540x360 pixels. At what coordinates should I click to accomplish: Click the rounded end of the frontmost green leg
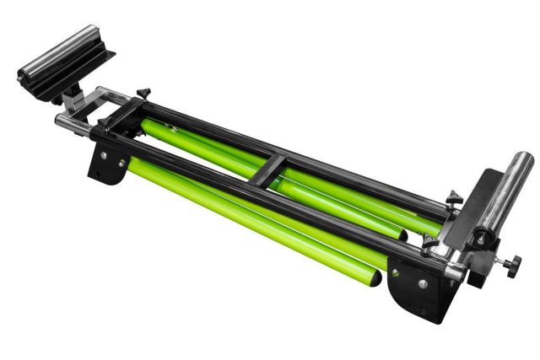[371, 277]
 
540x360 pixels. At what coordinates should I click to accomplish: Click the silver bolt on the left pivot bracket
[104, 155]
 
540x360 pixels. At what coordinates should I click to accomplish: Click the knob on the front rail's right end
[431, 245]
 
